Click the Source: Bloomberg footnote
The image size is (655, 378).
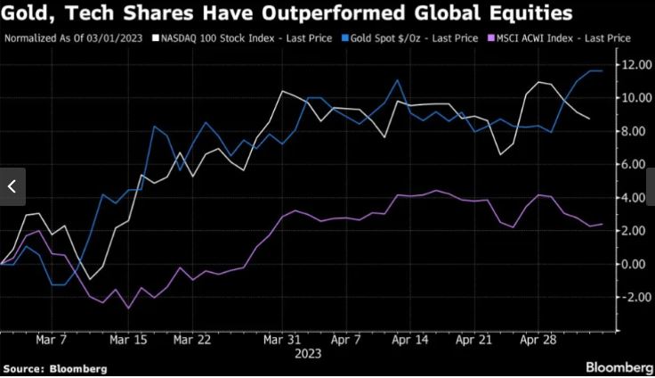coord(55,368)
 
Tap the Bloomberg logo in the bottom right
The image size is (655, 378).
coord(618,366)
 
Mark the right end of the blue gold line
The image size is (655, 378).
coord(602,70)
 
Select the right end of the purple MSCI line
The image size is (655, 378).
coord(602,225)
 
